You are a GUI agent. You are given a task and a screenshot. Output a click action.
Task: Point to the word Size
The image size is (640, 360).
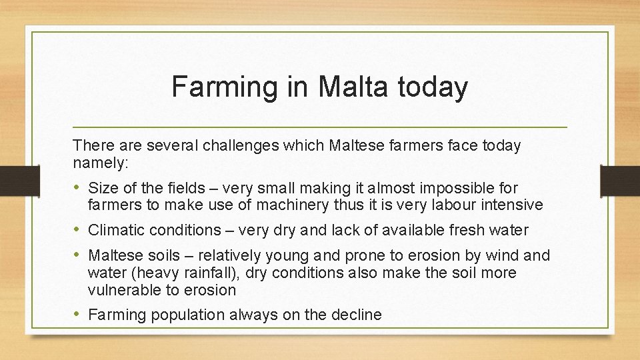click(x=102, y=188)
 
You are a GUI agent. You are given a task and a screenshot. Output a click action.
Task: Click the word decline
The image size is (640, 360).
click(x=357, y=315)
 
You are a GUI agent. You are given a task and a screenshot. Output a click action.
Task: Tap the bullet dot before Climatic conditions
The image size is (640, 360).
click(x=79, y=230)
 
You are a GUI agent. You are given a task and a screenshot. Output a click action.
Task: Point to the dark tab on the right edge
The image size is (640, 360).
click(x=620, y=181)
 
